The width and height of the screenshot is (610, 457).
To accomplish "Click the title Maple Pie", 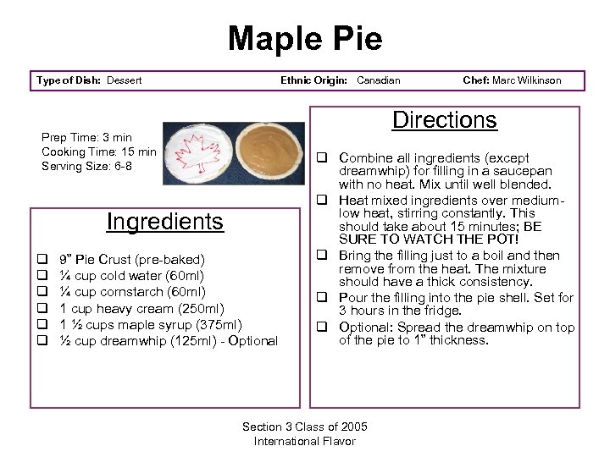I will tap(305, 38).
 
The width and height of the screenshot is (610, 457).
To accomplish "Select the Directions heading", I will tap(444, 120).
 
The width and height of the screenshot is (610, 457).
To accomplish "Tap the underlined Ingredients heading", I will tap(164, 222).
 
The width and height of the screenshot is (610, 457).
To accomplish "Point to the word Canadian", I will tap(378, 80).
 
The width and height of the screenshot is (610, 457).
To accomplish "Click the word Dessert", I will tap(123, 80).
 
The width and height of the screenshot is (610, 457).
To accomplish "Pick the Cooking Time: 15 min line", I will tap(99, 151).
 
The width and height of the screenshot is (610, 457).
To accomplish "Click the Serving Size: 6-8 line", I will tap(86, 166).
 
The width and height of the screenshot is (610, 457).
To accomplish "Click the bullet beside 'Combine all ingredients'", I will tap(323, 158).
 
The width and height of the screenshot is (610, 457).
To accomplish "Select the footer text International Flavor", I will tap(305, 441).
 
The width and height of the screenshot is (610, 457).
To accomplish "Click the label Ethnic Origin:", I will tap(313, 80).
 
